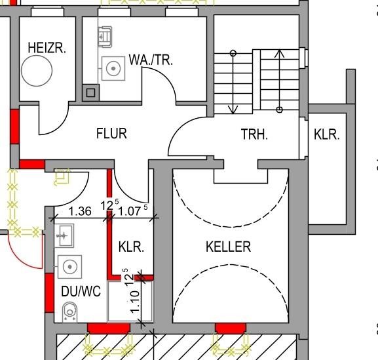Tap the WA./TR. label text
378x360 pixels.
coord(151,60)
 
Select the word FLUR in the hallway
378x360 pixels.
coord(111,134)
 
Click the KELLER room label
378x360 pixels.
coord(228,247)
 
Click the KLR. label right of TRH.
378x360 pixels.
coord(327,134)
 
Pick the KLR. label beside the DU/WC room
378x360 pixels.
coord(131,247)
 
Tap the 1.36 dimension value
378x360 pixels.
coord(80,211)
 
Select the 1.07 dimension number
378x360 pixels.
coord(129,211)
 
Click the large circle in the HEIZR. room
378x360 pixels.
coord(38,70)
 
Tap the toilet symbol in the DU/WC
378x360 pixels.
coord(69,312)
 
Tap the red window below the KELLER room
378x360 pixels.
coord(230,328)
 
